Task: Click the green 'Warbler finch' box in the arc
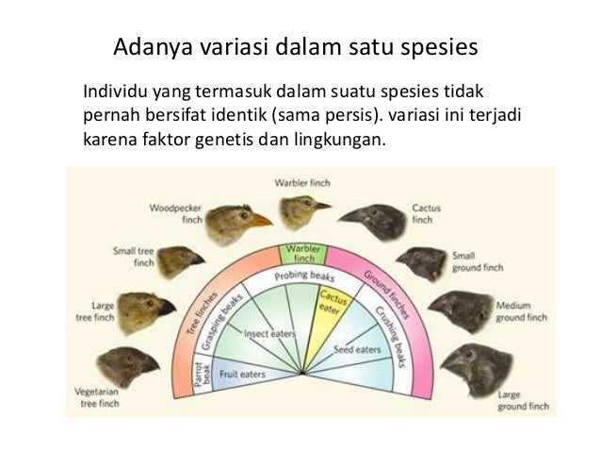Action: coord(302,253)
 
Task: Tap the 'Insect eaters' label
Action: coord(269,332)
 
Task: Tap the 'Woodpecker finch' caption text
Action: coord(171,212)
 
